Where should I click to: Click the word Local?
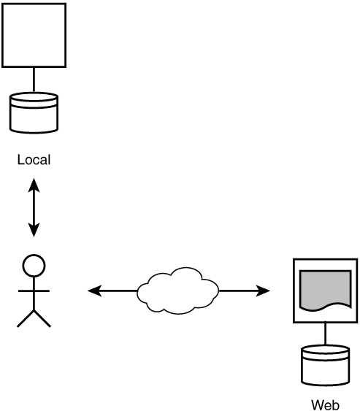(x=34, y=159)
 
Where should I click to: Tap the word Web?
(x=325, y=405)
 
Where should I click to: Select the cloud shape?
(x=178, y=291)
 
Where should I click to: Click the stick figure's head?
(x=34, y=265)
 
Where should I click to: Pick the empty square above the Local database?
(x=34, y=35)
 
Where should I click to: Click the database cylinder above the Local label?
(x=34, y=112)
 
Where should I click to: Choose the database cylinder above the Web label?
(x=325, y=366)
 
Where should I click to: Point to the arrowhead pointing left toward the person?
(x=94, y=291)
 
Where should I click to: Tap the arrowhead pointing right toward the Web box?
(x=263, y=291)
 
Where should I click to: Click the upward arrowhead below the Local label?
(x=34, y=185)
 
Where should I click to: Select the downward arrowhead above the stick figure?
(x=34, y=230)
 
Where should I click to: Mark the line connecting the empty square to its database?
(x=34, y=80)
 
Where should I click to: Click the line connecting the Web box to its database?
(x=326, y=334)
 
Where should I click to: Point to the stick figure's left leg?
(x=26, y=318)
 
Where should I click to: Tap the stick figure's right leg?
(x=42, y=318)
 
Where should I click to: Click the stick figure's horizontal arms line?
(x=34, y=291)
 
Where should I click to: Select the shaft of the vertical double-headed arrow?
(x=34, y=207)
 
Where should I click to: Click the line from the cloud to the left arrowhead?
(x=119, y=291)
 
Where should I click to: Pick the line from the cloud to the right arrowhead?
(x=237, y=291)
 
